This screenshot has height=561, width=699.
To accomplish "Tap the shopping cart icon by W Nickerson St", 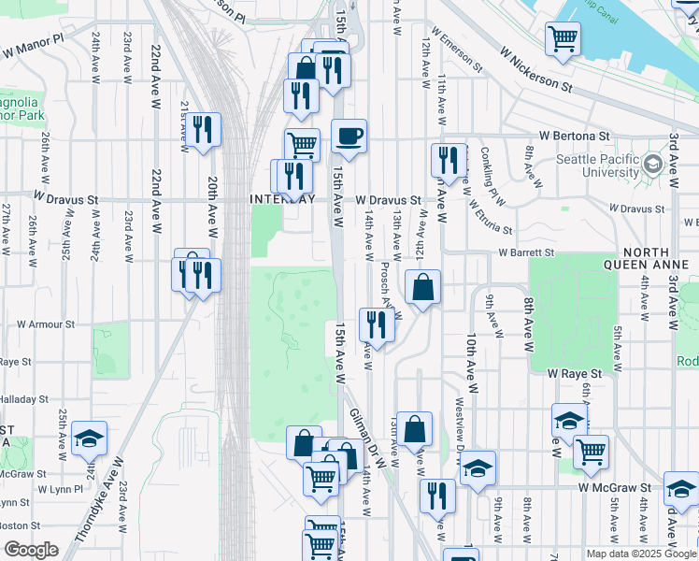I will pos(563,39).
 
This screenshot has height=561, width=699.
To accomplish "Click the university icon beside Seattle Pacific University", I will pos(652,165).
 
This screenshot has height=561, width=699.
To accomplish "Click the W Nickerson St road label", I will pos(535,71).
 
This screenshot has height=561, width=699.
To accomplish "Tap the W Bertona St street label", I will pos(616,136).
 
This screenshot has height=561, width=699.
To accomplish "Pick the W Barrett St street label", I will pos(526,252).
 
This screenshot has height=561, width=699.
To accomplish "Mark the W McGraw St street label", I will pos(614,487).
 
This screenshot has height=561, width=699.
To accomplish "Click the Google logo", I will pos(32,550).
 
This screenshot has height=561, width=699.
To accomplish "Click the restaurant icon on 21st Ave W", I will pos(202,130).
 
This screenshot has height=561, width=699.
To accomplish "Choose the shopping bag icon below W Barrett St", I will pos(423,287).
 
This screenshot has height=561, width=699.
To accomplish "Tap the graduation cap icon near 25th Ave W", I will pos(89,438).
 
